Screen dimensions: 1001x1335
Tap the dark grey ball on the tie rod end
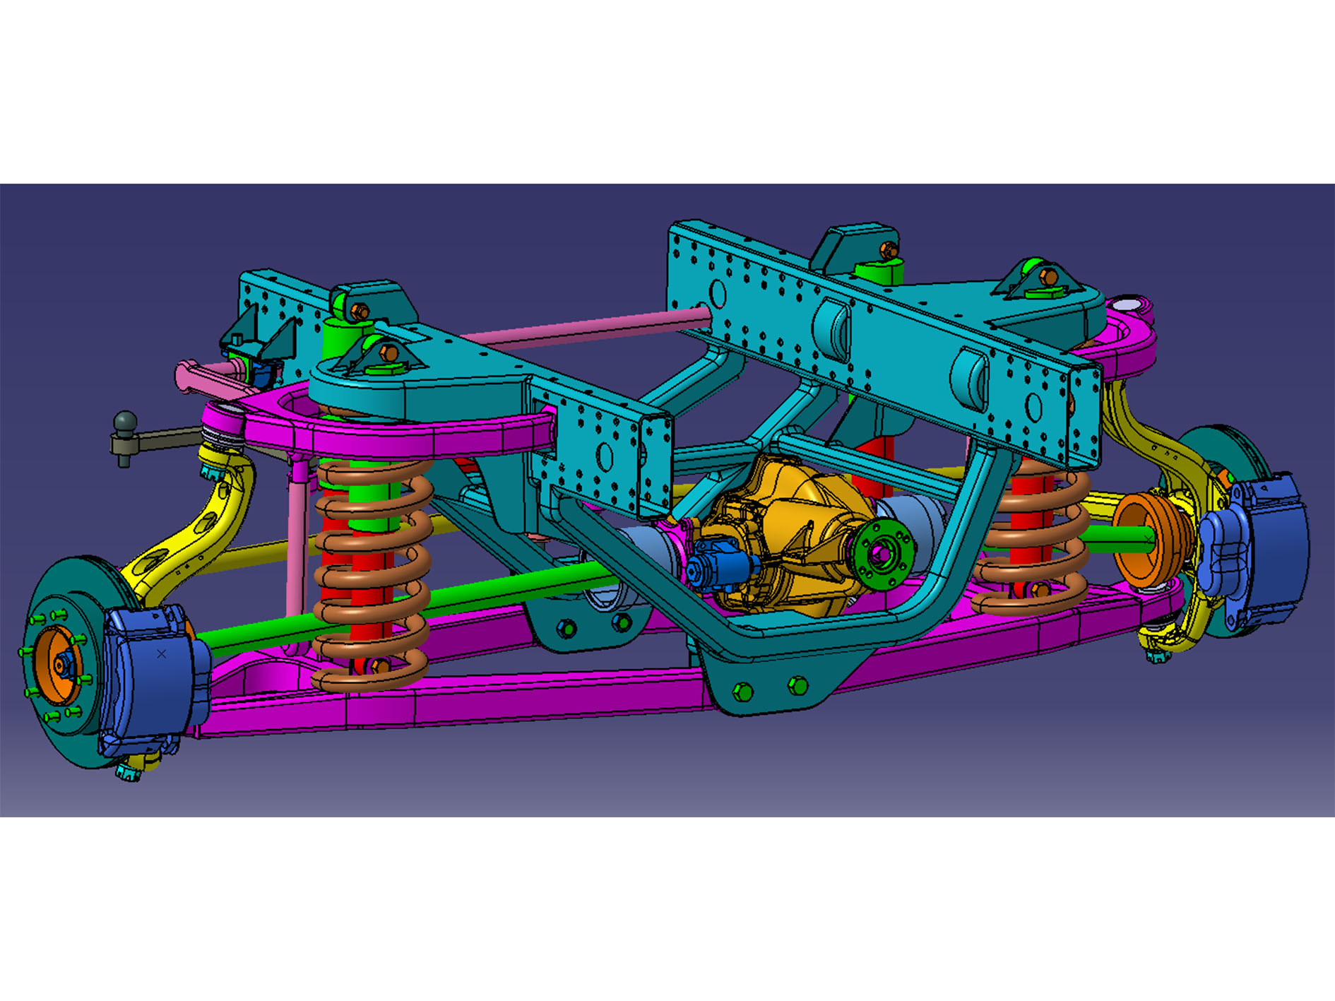(x=125, y=422)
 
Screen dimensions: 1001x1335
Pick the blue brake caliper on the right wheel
(x=1264, y=544)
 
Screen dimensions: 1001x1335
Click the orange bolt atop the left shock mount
(x=360, y=311)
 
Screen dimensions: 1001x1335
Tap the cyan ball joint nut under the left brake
(x=129, y=771)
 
